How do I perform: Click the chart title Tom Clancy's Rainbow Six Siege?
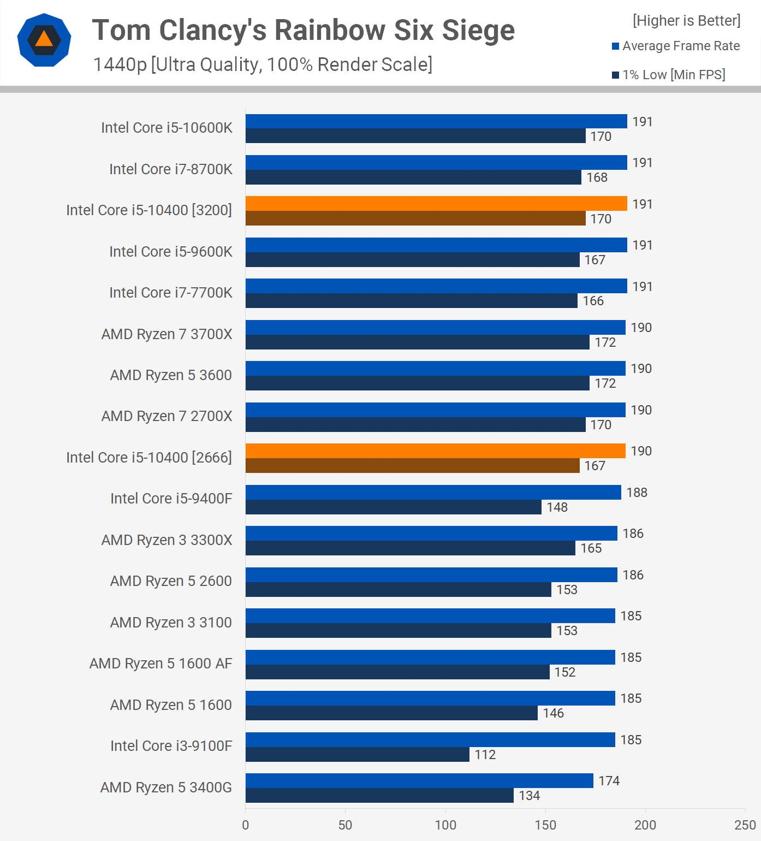coord(303,30)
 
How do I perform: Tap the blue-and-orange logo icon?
coord(44,40)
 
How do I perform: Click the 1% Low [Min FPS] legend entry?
coord(669,75)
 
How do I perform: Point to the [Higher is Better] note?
coord(686,21)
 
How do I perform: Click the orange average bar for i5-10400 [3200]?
coord(436,204)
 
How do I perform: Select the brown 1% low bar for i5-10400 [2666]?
coord(412,466)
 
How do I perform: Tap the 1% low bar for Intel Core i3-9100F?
coord(357,755)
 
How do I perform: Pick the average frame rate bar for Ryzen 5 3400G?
coord(419,781)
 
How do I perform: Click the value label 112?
coord(485,755)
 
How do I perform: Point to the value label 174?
coord(609,781)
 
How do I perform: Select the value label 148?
coord(557,507)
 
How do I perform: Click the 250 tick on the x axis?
coord(745,825)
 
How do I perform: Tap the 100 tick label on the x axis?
coord(445,825)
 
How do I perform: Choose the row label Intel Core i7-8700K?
coord(170,169)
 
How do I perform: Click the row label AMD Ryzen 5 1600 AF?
coord(160,664)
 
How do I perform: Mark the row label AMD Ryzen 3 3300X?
coord(167,540)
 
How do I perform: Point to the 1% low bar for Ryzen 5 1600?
coord(391,713)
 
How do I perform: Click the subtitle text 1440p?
coord(120,65)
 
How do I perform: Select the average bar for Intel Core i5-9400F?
coord(433,493)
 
